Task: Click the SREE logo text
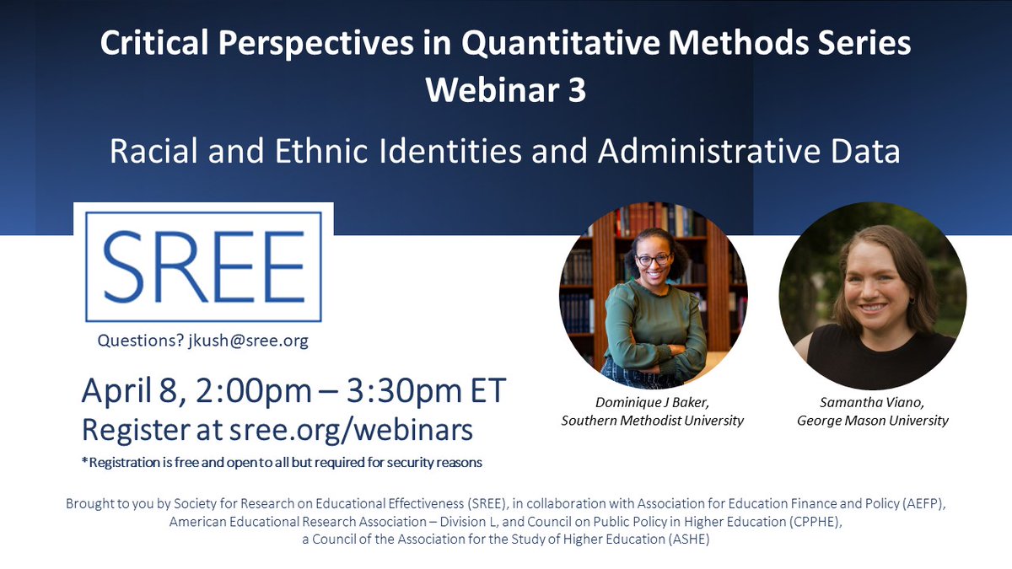point(202,264)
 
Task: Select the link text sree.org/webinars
point(351,430)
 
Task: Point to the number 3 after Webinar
point(576,90)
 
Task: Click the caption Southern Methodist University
point(653,421)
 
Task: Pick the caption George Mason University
point(873,421)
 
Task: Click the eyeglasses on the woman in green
point(654,258)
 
